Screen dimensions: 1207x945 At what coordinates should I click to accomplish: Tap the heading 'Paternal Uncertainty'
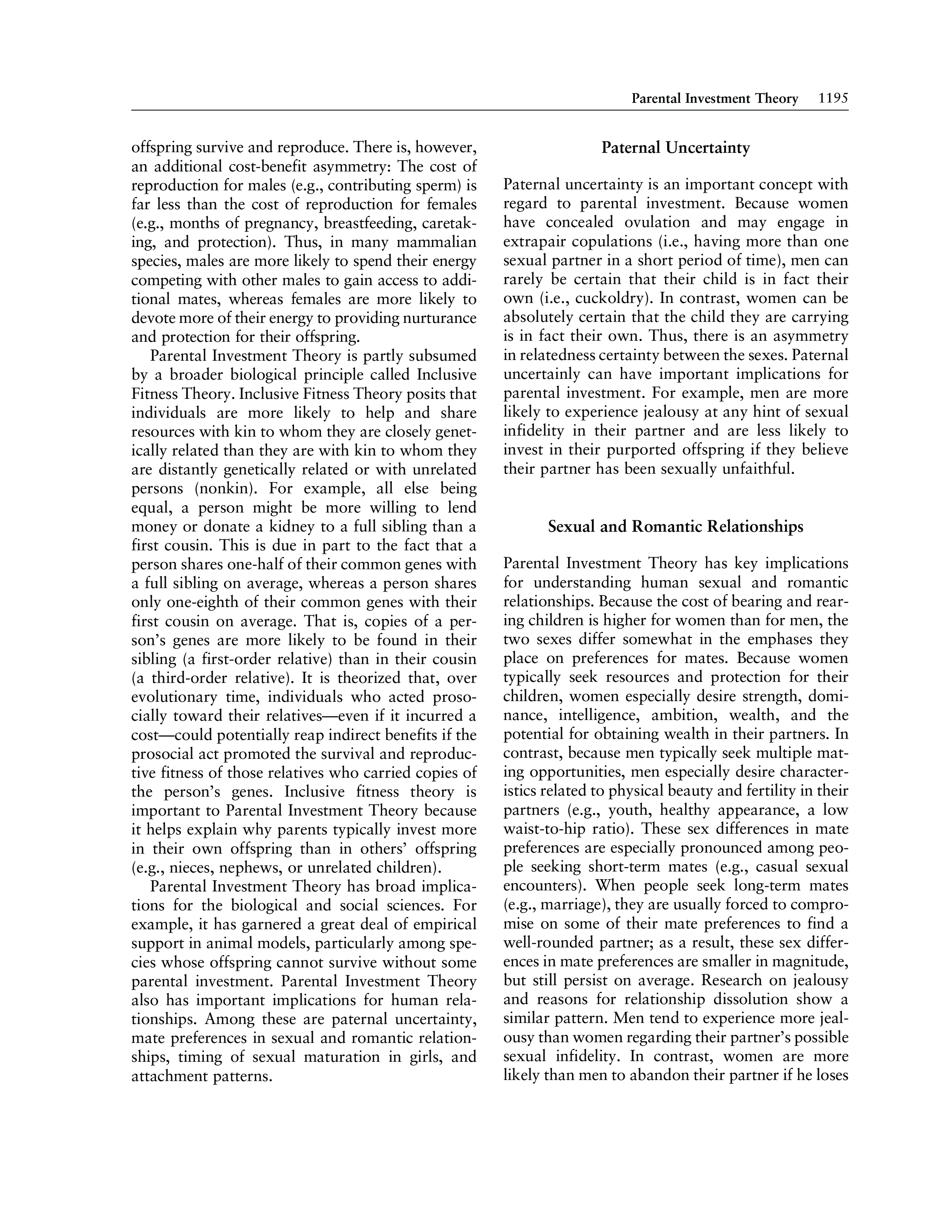pos(675,148)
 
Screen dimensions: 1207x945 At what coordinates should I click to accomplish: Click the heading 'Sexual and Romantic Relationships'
pos(675,527)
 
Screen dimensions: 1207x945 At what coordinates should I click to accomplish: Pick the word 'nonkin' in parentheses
pos(219,489)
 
